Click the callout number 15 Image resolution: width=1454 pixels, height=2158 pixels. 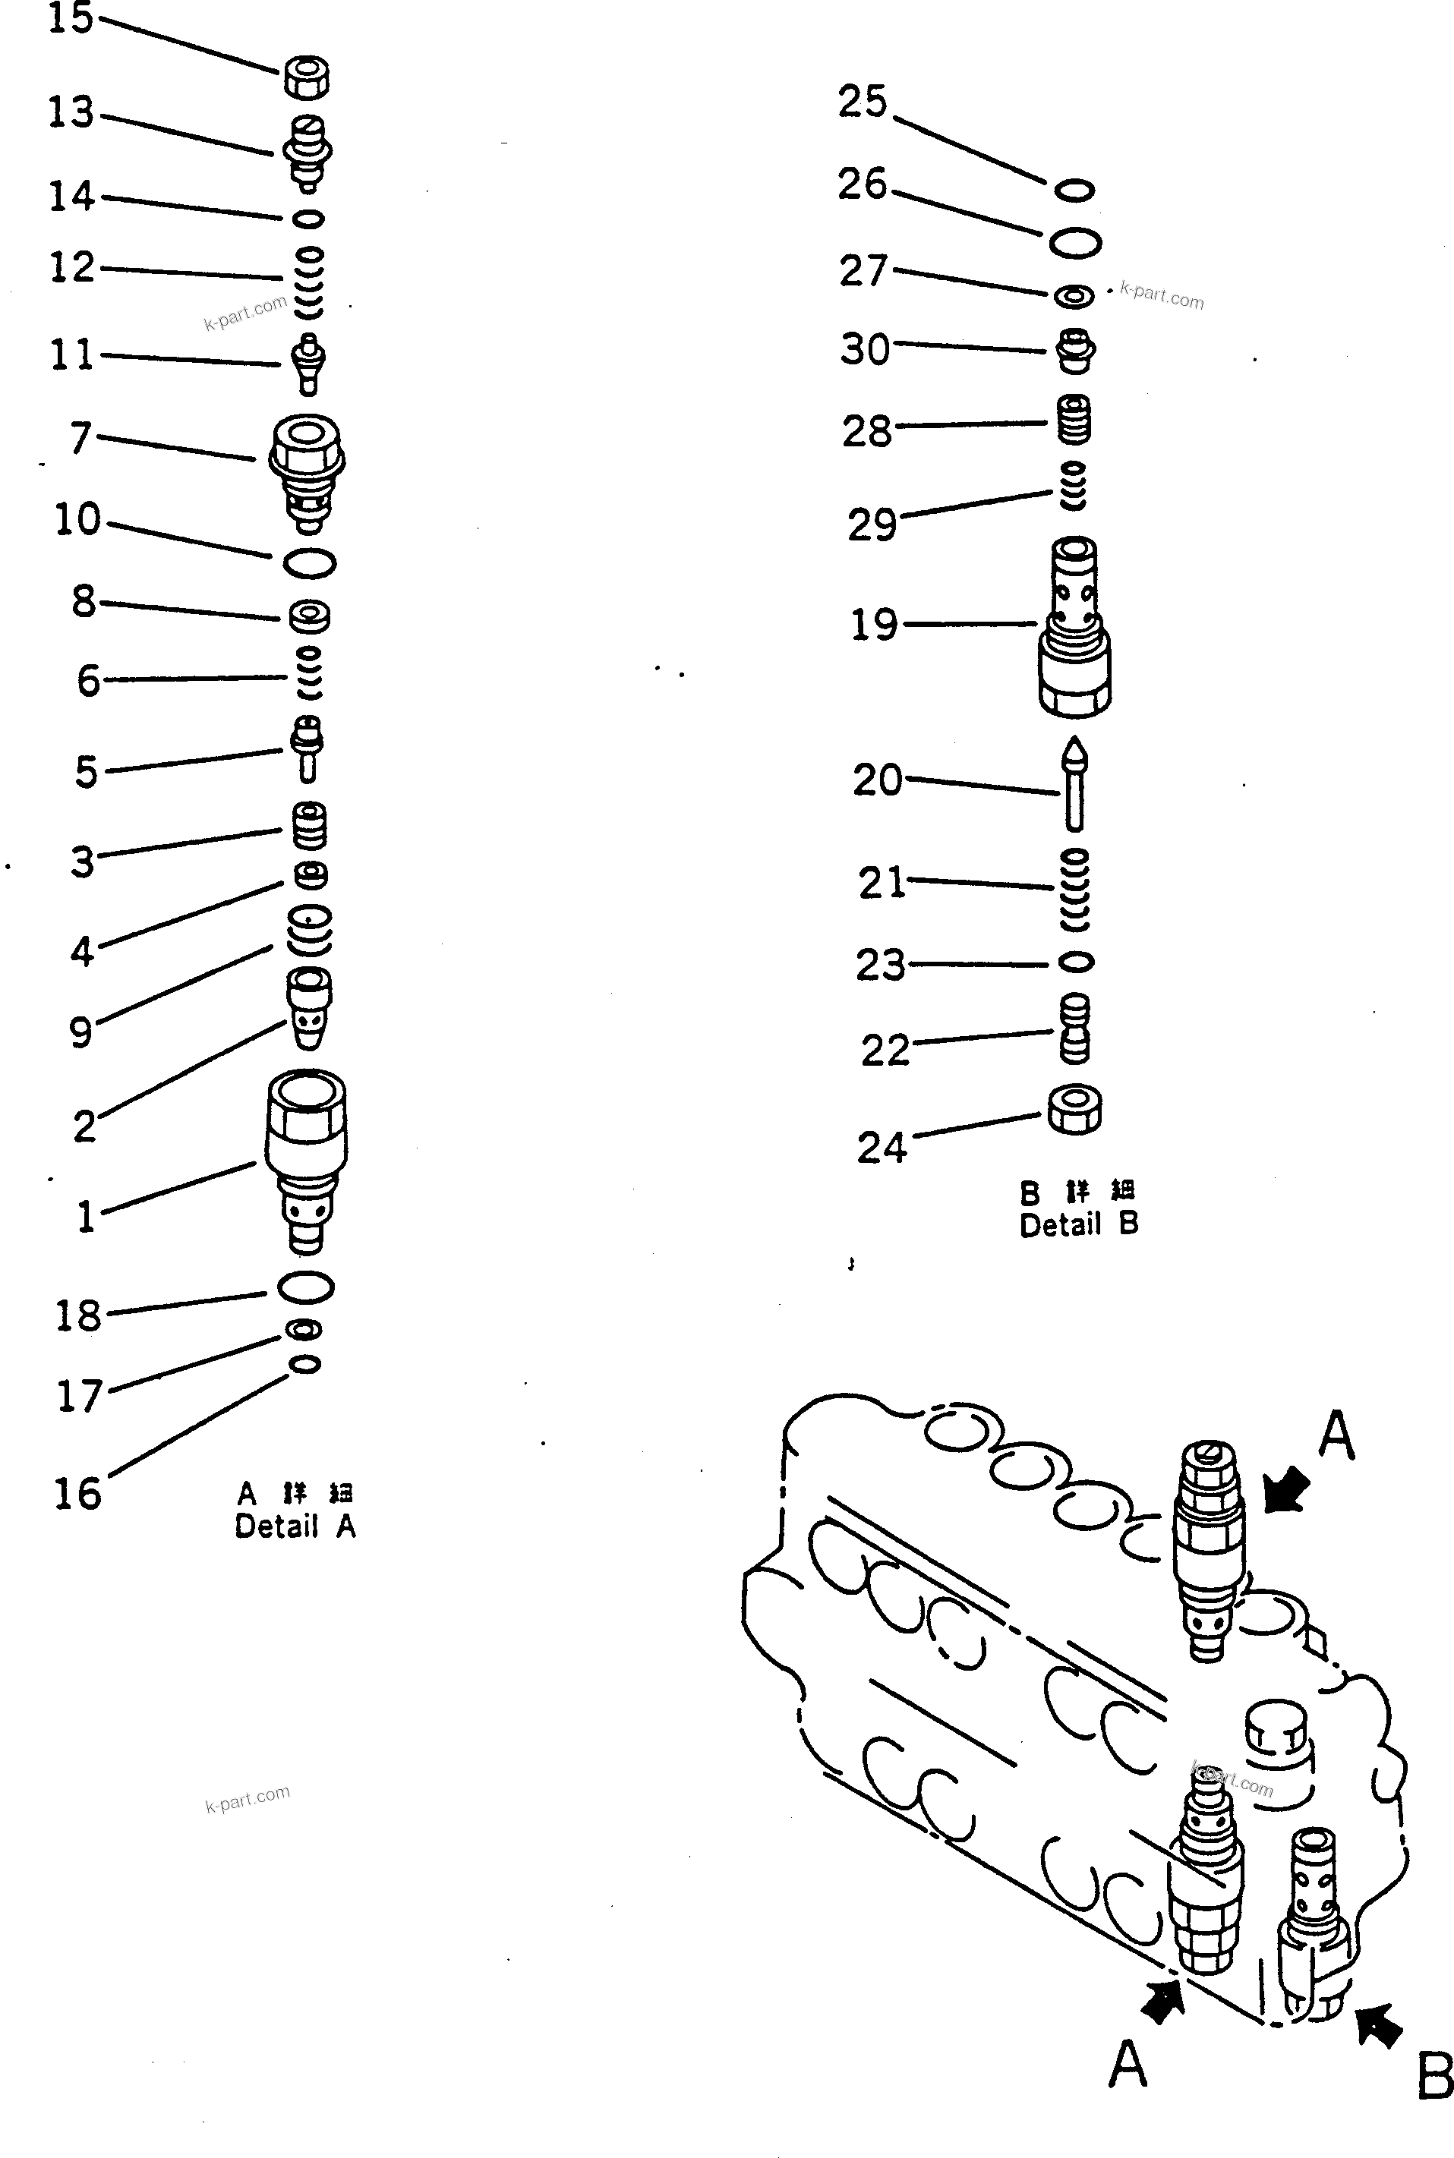click(x=71, y=17)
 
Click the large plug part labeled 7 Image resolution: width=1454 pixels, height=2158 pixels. click(x=307, y=472)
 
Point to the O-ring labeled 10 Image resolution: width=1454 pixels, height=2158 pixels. click(x=310, y=562)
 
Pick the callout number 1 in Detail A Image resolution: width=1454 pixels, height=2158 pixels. click(x=85, y=1216)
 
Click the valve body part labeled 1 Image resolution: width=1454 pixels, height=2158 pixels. click(x=306, y=1159)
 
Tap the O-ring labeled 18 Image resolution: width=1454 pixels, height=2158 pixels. click(x=305, y=1287)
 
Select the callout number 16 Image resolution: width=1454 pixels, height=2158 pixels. click(x=77, y=1493)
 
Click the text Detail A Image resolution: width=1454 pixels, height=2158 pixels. click(x=295, y=1526)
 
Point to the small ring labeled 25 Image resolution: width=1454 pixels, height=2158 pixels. click(x=1074, y=190)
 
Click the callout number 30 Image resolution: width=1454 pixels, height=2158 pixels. click(x=864, y=349)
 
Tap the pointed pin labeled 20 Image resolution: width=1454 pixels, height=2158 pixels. click(x=1074, y=784)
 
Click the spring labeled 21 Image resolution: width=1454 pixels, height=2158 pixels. click(x=1074, y=890)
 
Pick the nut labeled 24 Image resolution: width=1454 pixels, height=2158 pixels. click(x=1074, y=1110)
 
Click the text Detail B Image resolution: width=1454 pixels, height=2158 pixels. click(x=1078, y=1224)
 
